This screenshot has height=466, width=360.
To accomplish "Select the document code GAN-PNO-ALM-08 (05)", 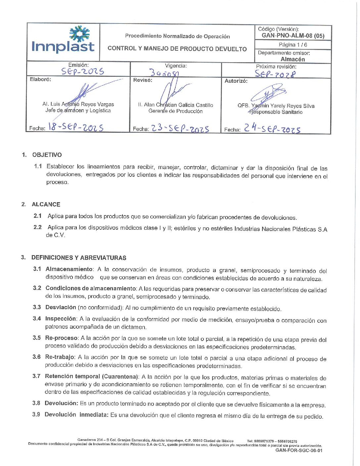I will [x=293, y=36].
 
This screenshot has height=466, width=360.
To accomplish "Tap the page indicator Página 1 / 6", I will [x=293, y=45].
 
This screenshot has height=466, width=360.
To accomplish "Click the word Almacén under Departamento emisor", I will [x=293, y=59].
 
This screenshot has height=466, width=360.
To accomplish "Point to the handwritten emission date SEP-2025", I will [x=82, y=71].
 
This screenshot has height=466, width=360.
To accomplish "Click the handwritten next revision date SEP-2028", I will [x=275, y=74].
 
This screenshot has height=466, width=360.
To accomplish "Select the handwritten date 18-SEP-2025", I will [x=76, y=127].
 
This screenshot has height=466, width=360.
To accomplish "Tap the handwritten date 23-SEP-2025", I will [x=180, y=128].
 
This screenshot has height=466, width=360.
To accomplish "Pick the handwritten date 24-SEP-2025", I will [x=272, y=128].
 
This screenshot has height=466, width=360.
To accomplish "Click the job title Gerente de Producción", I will [x=175, y=111].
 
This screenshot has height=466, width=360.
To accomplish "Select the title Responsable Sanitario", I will [x=276, y=112].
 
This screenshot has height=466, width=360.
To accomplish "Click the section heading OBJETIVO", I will [x=47, y=155].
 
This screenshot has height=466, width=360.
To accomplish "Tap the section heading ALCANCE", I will [x=46, y=205].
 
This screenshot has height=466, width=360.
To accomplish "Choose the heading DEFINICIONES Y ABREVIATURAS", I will [x=79, y=258].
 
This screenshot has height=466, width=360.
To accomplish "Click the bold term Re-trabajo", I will [x=60, y=357].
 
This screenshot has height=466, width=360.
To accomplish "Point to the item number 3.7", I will [x=36, y=376].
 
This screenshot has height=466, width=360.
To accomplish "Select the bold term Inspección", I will [x=61, y=319].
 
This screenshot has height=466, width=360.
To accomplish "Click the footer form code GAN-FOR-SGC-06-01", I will [x=299, y=450].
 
